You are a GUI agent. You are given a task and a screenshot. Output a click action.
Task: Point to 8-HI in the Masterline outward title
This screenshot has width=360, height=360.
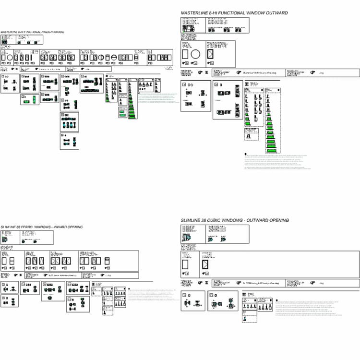pos(214,13)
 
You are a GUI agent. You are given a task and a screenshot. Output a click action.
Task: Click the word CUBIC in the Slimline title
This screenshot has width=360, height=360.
pos(218,220)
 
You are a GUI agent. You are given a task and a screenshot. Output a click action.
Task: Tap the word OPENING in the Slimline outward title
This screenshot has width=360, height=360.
pos(277,220)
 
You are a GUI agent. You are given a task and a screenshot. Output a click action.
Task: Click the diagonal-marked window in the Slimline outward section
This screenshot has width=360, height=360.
pos(205,265)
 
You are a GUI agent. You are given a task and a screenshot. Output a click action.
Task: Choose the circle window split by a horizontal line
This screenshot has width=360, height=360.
pos(114,58)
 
